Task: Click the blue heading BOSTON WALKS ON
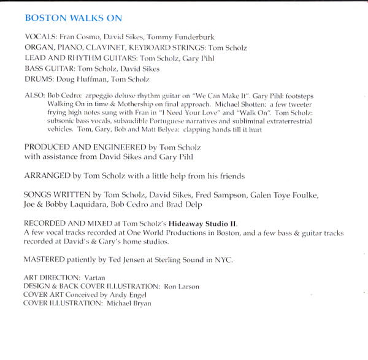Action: [73, 18]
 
